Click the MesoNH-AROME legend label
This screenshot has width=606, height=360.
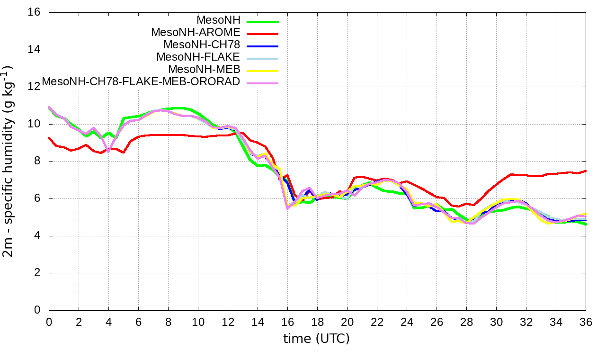tap(196, 33)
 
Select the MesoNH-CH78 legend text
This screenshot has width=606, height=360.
tap(202, 45)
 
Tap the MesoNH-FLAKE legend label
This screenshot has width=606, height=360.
tap(198, 57)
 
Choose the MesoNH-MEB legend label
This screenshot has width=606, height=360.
tap(204, 70)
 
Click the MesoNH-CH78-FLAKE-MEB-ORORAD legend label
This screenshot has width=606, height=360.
tap(141, 82)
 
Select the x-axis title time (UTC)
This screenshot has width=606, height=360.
tap(316, 339)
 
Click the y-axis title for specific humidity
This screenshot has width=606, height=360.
tap(9, 161)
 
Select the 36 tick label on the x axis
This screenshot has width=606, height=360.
tap(586, 322)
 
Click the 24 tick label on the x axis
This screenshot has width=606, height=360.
tap(407, 322)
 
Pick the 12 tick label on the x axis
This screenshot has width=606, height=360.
tap(228, 322)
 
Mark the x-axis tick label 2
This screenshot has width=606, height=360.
tap(79, 322)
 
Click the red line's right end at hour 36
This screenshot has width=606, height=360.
tap(586, 171)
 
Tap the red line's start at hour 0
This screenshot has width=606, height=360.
tap(49, 138)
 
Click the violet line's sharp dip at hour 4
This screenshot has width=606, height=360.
tap(108, 152)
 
